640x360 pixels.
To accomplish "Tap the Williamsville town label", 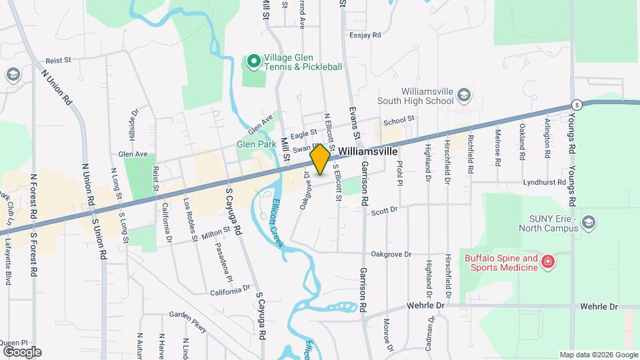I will (x=369, y=151).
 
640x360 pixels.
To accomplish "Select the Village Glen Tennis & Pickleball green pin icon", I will (x=253, y=62).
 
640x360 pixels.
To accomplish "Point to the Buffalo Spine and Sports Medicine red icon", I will (x=548, y=262).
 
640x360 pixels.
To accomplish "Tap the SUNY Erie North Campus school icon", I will (x=589, y=222).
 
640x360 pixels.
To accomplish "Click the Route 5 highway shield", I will (x=575, y=105).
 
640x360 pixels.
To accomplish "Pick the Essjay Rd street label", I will (x=365, y=35).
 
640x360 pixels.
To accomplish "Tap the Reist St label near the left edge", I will (x=58, y=60).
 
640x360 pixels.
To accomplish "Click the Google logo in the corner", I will (x=22, y=352).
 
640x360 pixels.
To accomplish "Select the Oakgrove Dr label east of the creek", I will (x=391, y=254).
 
